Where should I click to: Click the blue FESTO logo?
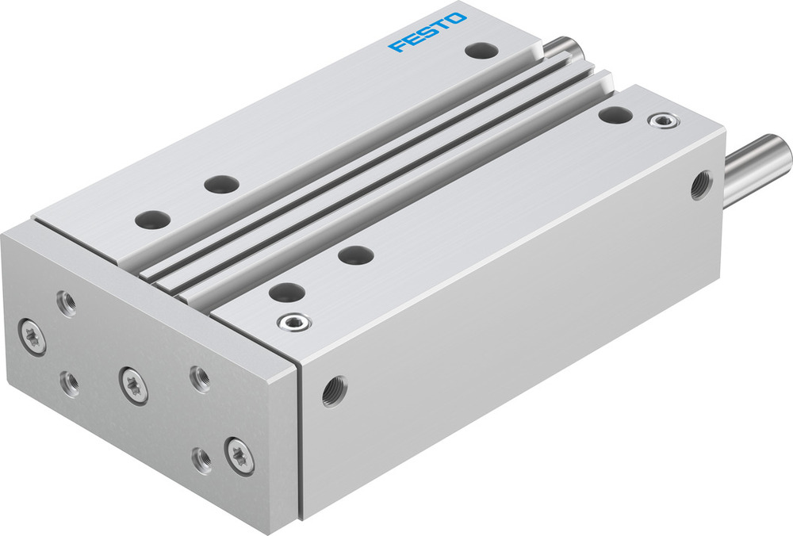(427, 32)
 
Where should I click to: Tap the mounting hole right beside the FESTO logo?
(481, 52)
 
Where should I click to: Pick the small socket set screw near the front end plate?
(293, 322)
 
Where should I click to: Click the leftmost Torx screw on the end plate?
(33, 336)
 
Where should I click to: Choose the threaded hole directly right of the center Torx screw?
(199, 377)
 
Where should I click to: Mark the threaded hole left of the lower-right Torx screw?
(202, 459)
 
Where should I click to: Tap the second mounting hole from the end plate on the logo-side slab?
(220, 184)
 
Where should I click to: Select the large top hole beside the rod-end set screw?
(615, 114)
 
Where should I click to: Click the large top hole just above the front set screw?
(285, 292)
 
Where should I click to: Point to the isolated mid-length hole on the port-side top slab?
(354, 255)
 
